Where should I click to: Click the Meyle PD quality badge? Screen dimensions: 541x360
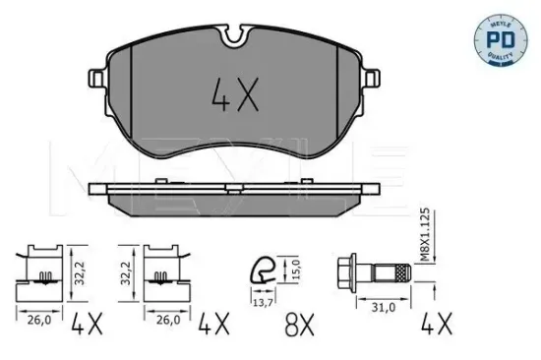point(501,39)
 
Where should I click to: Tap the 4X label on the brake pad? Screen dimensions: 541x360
point(235,94)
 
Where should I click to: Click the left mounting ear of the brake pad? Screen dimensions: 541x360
point(97,78)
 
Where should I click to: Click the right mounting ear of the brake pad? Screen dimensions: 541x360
point(372,78)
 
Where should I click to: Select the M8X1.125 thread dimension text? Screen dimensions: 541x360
point(425,234)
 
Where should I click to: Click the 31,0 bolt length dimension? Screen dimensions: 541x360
point(384,307)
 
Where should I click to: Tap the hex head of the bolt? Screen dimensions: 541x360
point(346,272)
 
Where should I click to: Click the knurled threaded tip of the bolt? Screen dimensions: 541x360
point(403,272)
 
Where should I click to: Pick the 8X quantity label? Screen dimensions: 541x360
point(299,325)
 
